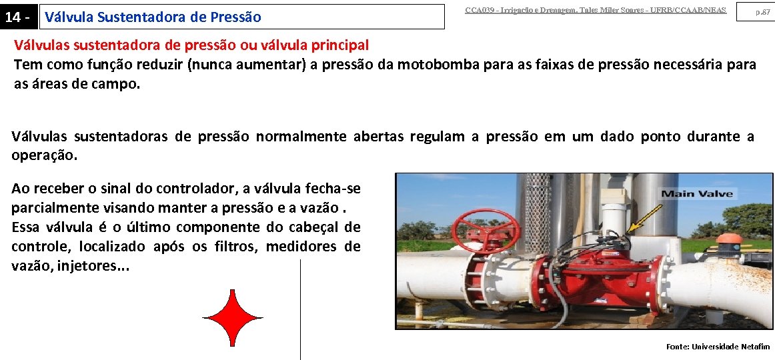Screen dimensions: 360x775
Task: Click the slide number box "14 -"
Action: click(18, 17)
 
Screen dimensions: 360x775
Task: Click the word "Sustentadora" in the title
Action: click(139, 17)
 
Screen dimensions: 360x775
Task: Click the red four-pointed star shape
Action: click(232, 318)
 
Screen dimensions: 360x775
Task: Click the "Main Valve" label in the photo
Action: click(697, 194)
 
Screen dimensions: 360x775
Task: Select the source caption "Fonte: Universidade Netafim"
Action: click(718, 347)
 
